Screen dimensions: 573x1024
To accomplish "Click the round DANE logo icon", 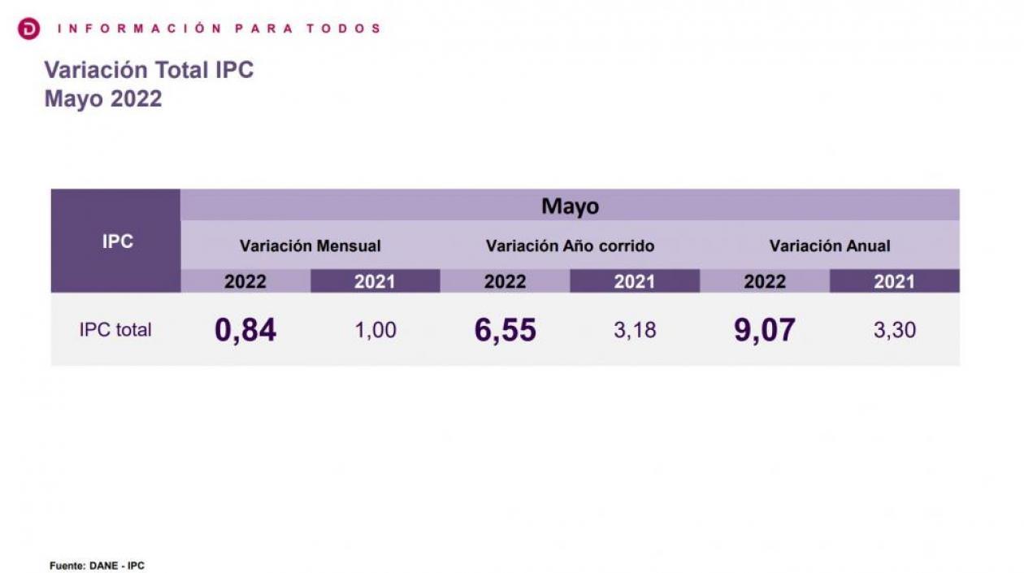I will (28, 29).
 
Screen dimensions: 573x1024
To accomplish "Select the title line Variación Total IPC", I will (149, 70).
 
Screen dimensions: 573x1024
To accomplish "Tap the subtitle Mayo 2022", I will (103, 99).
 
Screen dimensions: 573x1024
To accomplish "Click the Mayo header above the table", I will (570, 206).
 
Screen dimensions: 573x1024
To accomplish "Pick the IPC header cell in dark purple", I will (117, 241).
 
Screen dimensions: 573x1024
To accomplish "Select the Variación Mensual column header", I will (310, 245).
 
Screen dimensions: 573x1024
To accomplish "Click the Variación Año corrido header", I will (570, 245).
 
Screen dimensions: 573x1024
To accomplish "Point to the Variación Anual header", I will (830, 245).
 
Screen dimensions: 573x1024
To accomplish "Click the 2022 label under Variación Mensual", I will (245, 281).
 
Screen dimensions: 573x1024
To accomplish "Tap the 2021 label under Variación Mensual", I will (375, 281).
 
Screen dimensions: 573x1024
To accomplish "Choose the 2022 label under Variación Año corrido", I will (505, 281).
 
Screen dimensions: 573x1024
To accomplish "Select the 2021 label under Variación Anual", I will (894, 281).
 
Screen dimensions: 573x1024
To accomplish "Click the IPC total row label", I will (115, 330).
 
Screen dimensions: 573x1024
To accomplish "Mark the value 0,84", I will (245, 330).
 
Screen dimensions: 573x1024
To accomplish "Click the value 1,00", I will (375, 331).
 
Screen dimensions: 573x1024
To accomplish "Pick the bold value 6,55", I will (505, 330).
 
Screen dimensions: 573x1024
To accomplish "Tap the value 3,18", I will (635, 331).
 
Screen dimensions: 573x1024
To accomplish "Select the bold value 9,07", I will (765, 330).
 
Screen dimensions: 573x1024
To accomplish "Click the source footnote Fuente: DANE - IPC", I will (97, 566).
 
